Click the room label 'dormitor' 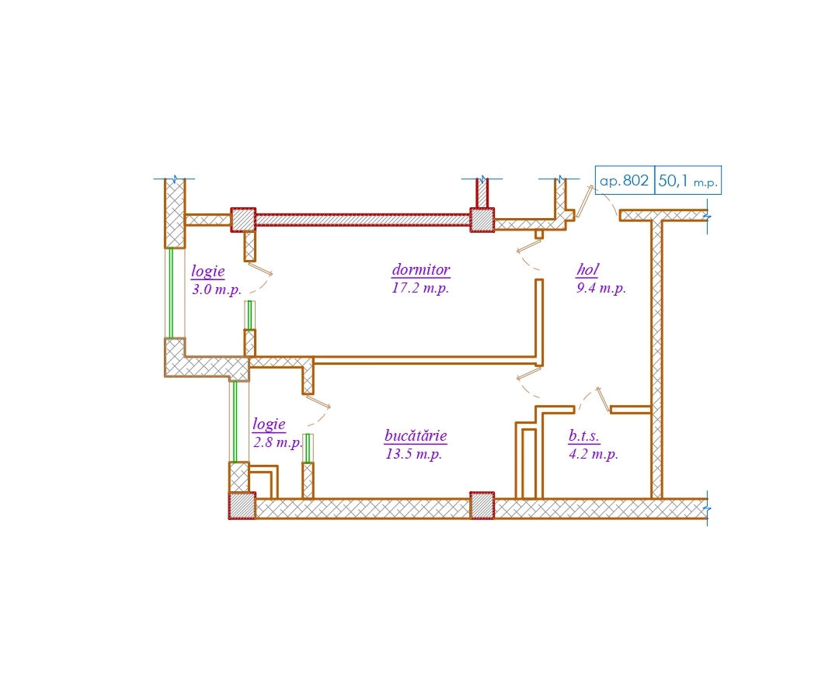coord(421,270)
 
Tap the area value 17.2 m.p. coord(420,288)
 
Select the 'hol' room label coord(587,270)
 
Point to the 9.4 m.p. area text coord(601,288)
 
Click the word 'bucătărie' coord(416,435)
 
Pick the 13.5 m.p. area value coord(414,453)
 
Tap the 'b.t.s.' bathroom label coord(583,435)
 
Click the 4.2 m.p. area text coord(594,453)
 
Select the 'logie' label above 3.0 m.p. coord(208,272)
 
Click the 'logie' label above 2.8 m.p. coord(269,424)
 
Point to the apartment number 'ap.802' coord(624,181)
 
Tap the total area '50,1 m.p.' coord(688,181)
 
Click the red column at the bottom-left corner coord(242,505)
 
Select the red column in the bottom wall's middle coord(482,505)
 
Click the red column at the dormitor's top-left coord(243,220)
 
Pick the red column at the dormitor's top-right coord(482,220)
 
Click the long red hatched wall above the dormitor coord(363,220)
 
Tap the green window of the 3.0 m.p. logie coord(170,293)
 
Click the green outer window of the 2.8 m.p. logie coord(235,421)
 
